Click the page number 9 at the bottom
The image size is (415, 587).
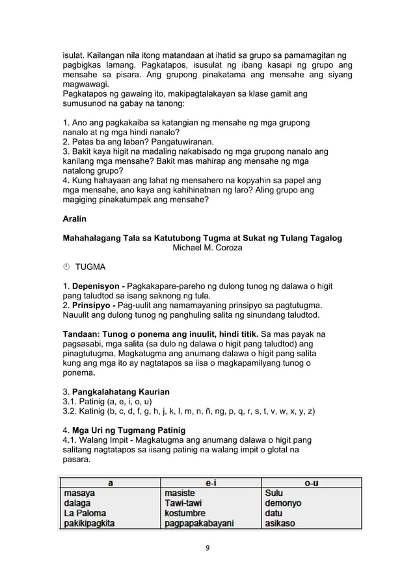tap(207, 548)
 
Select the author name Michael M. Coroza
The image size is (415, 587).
tap(207, 248)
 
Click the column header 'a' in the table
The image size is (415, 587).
tap(110, 483)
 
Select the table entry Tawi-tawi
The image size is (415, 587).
tap(185, 503)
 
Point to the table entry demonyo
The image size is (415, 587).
tap(283, 503)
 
